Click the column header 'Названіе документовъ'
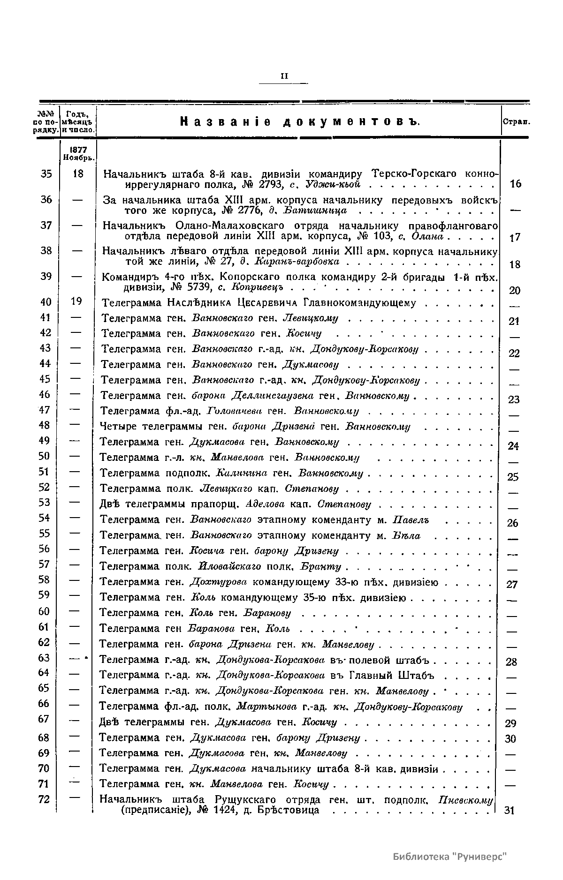(299, 122)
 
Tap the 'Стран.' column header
(516, 121)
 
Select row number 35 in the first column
(46, 173)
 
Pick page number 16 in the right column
(515, 184)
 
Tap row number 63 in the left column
(44, 658)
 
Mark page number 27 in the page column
(512, 584)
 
